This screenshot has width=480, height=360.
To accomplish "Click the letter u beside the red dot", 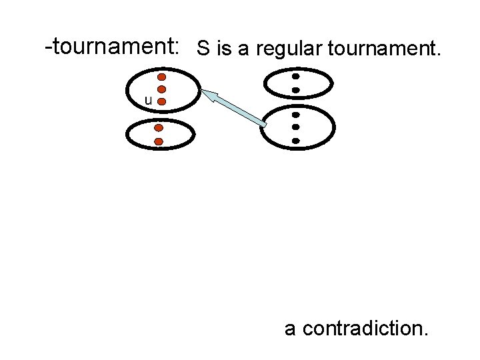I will click(x=149, y=101).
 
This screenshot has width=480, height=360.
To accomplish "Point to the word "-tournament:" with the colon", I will click(x=111, y=47).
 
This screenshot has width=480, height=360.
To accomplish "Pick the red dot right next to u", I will click(x=162, y=101).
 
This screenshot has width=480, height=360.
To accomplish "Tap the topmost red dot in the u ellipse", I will click(x=161, y=77).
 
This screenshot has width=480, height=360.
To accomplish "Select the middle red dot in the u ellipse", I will click(x=161, y=89).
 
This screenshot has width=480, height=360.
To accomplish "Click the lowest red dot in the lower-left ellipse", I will click(x=159, y=141).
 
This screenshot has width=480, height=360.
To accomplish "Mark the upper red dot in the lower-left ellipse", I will click(x=159, y=127).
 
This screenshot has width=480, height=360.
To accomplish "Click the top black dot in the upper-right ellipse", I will click(x=295, y=77).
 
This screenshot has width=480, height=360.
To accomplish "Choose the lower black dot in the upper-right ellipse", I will click(x=295, y=90).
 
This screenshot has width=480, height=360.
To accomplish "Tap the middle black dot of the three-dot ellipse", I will click(x=295, y=127).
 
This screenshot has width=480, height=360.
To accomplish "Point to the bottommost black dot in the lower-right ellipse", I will click(x=295, y=141).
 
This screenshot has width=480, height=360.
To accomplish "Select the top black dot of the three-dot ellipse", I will click(x=295, y=114).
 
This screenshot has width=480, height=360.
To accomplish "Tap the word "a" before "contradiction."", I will click(x=291, y=329).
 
